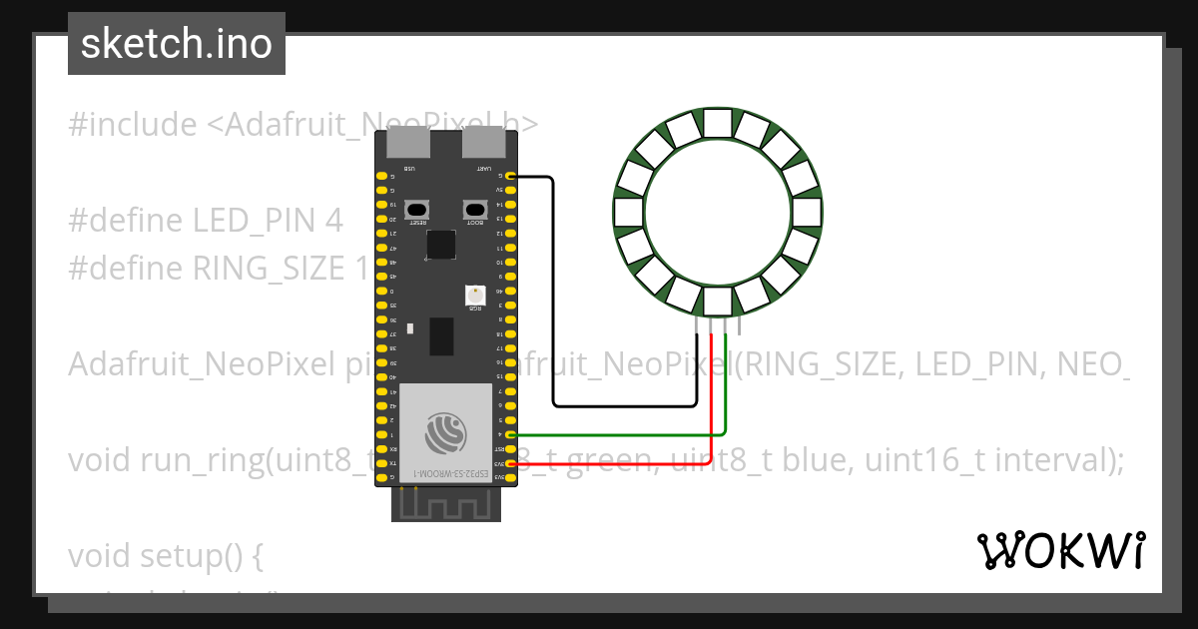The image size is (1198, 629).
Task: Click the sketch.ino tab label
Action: click(177, 44)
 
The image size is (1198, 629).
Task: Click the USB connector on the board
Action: click(410, 143)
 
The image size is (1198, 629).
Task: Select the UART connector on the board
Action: click(483, 143)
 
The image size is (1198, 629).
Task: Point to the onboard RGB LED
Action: click(475, 295)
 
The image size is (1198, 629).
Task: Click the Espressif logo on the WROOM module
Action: click(445, 433)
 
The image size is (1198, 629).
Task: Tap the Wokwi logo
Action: click(1060, 550)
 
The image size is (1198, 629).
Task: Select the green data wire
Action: click(619, 435)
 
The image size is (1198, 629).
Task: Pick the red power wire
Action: click(619, 464)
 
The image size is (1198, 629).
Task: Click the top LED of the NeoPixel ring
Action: click(718, 123)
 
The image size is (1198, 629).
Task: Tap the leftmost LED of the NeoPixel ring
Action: click(629, 212)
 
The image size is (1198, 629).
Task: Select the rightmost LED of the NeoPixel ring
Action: click(808, 212)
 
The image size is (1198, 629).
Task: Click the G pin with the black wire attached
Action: click(511, 176)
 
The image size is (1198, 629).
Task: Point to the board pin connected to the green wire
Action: click(511, 435)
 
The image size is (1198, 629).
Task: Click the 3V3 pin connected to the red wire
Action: click(511, 464)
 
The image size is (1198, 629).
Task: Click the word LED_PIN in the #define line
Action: click(256, 221)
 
